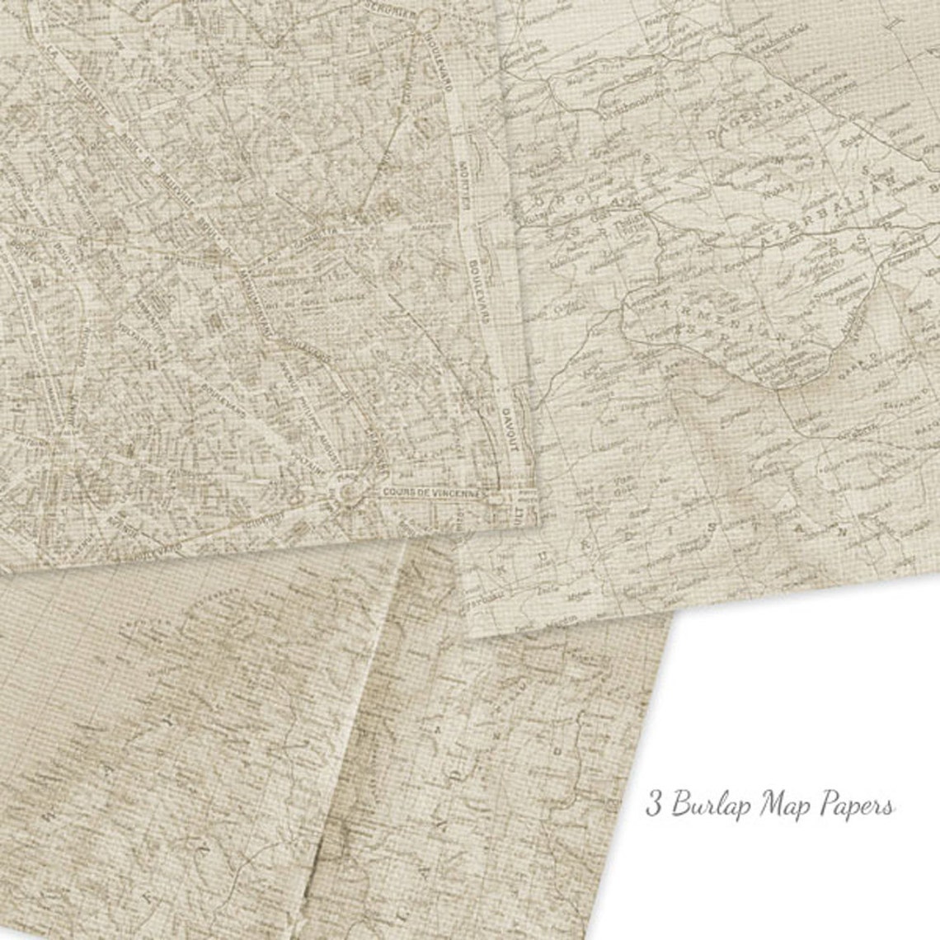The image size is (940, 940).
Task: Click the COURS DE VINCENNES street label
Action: (432, 492)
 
